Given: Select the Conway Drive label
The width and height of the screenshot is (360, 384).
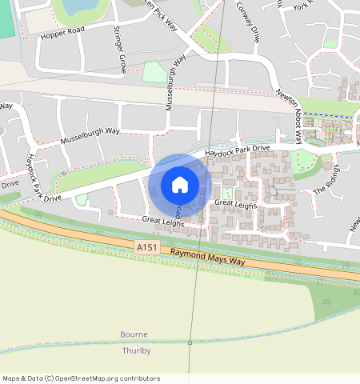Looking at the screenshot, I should click(x=250, y=22).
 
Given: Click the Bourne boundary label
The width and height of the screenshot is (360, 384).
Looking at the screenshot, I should click(x=134, y=334).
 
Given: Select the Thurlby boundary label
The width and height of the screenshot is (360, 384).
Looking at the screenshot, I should click(x=136, y=350).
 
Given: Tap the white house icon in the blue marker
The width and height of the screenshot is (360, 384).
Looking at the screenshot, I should click(x=180, y=185).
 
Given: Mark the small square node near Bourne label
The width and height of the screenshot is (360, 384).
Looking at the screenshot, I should click(x=190, y=342).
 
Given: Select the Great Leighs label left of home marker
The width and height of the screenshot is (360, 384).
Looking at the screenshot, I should click(x=163, y=220).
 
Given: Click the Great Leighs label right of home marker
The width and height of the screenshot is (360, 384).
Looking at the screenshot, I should click(x=235, y=204).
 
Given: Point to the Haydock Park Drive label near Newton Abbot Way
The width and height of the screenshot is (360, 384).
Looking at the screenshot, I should click(x=238, y=150).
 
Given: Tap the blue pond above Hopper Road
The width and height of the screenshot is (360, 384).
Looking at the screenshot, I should click(x=78, y=7).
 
